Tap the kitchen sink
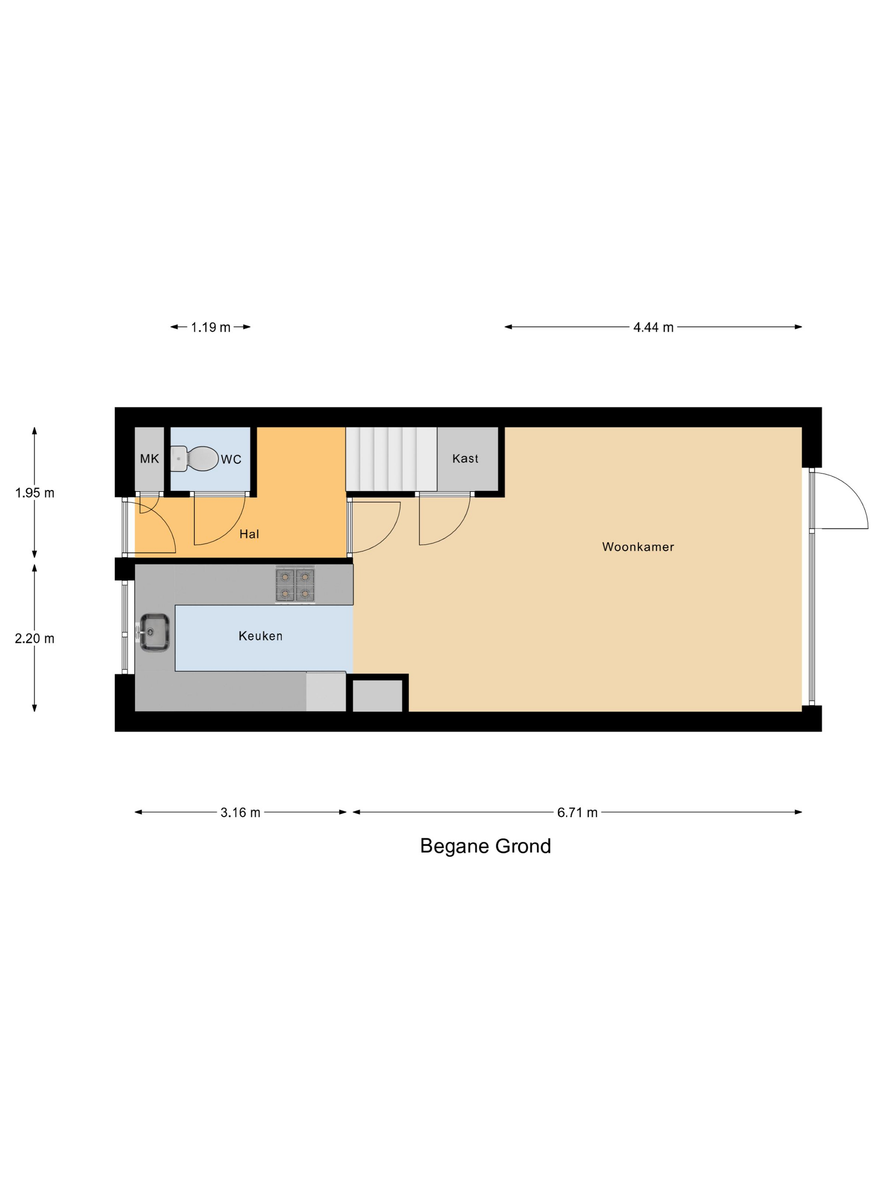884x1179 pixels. (x=154, y=633)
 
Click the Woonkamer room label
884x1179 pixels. (x=638, y=547)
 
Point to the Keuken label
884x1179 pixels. (x=260, y=636)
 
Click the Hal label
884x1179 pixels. (x=249, y=534)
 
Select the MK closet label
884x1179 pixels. (x=149, y=459)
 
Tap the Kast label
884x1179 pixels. (x=465, y=459)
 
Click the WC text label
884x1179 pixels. (x=231, y=459)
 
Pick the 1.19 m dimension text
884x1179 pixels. (x=210, y=327)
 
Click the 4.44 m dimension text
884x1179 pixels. (x=653, y=327)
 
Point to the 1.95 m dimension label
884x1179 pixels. (x=35, y=493)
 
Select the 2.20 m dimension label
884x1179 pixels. (x=35, y=638)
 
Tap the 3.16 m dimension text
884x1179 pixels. (x=240, y=813)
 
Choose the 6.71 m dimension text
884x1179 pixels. (x=577, y=813)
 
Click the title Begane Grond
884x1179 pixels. (x=485, y=846)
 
